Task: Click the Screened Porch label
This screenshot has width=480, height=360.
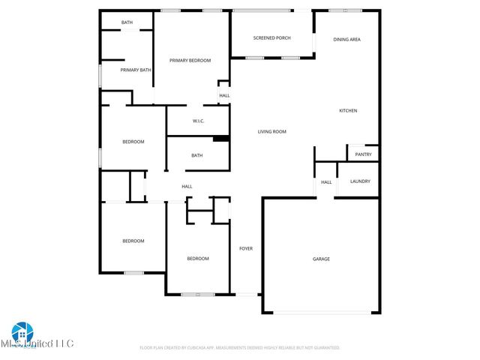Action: [x=271, y=37]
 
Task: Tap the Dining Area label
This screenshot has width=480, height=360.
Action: [x=347, y=39]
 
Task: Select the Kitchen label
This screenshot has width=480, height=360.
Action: [x=348, y=111]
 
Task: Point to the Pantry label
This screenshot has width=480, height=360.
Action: [x=363, y=154]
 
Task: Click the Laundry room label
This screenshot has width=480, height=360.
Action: [x=360, y=181]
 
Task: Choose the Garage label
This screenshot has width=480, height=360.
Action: [x=321, y=259]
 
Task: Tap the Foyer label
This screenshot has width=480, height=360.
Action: [x=245, y=248]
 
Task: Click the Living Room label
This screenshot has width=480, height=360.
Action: [x=272, y=132]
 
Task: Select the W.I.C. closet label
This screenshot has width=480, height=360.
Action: [x=199, y=121]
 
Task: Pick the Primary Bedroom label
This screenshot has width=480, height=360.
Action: [x=190, y=60]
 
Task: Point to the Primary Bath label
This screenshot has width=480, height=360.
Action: [x=136, y=70]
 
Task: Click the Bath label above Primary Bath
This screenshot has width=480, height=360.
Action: [x=127, y=22]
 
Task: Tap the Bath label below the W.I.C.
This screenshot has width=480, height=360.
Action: [x=196, y=156]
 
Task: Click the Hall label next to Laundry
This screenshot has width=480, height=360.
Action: [x=326, y=182]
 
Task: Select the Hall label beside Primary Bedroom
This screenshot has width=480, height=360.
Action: [x=224, y=96]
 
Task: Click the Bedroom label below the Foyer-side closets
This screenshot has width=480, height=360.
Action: [x=198, y=259]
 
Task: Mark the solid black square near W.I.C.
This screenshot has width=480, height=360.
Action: [x=220, y=138]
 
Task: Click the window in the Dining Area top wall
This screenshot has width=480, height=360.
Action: [x=346, y=10]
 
